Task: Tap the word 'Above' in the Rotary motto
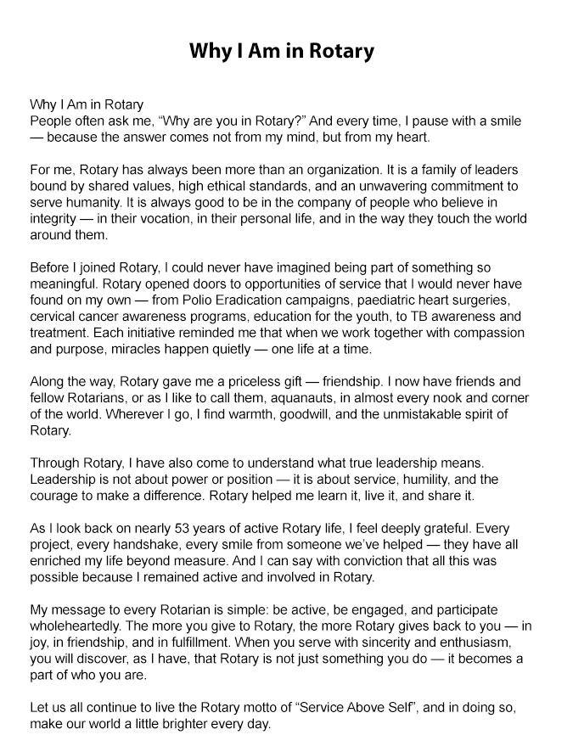coord(380,706)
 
